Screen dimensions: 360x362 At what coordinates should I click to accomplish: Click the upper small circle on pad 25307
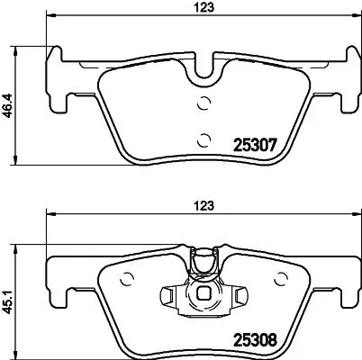[x=204, y=102]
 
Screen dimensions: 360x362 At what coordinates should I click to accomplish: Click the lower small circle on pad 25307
[x=204, y=138]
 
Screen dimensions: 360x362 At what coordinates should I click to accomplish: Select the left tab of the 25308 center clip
[x=168, y=294]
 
